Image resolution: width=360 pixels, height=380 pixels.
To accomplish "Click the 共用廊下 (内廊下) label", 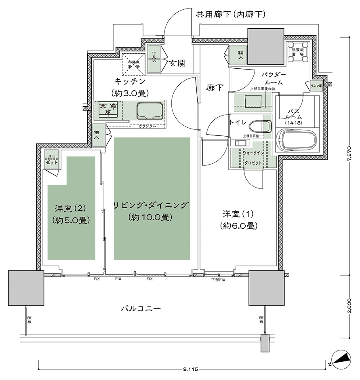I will [230, 15].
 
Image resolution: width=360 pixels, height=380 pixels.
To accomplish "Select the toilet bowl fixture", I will [259, 126].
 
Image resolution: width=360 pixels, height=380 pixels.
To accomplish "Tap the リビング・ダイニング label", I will [151, 205].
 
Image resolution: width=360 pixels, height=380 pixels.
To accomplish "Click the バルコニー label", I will [141, 308].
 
